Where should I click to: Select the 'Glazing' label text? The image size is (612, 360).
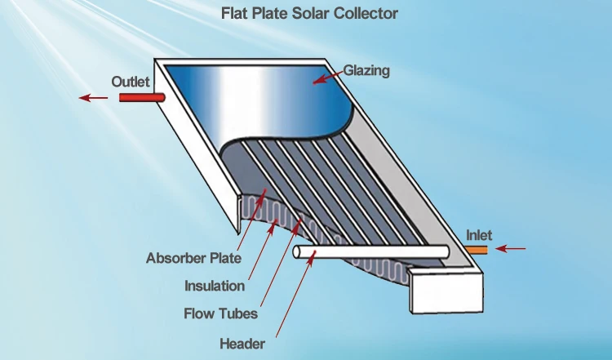pos(366,71)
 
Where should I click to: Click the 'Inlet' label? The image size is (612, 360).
pos(479,235)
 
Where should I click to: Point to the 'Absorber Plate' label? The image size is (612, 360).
pos(193,259)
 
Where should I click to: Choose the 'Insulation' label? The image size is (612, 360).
pos(215,286)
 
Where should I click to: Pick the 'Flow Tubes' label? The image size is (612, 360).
pos(221,313)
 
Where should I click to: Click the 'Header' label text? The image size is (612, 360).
pos(242,343)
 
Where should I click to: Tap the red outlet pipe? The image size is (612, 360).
pos(141,97)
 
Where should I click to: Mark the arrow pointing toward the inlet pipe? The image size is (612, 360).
pos(512,248)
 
